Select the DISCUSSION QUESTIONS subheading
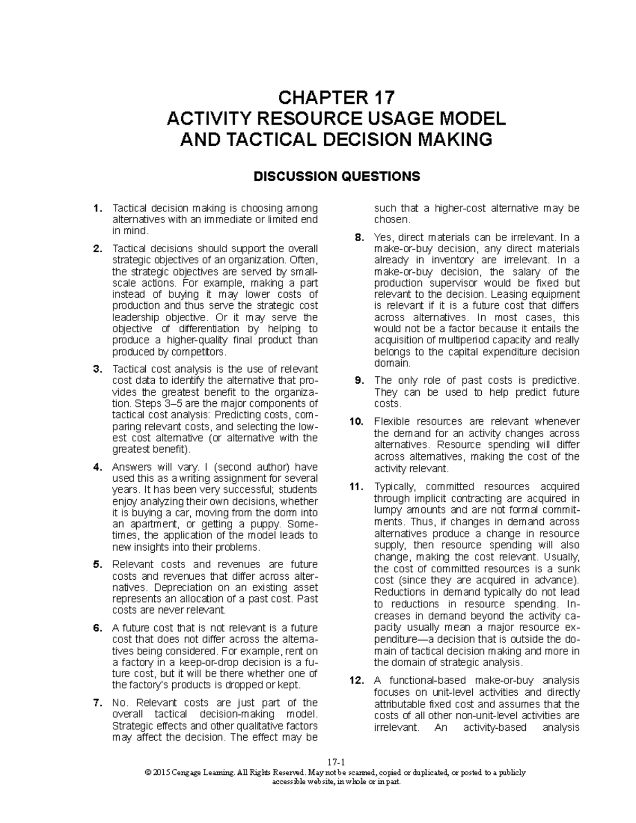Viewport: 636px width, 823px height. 337,176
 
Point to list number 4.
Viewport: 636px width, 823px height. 96,467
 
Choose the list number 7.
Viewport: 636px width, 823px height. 96,703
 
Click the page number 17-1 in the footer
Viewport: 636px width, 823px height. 336,763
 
